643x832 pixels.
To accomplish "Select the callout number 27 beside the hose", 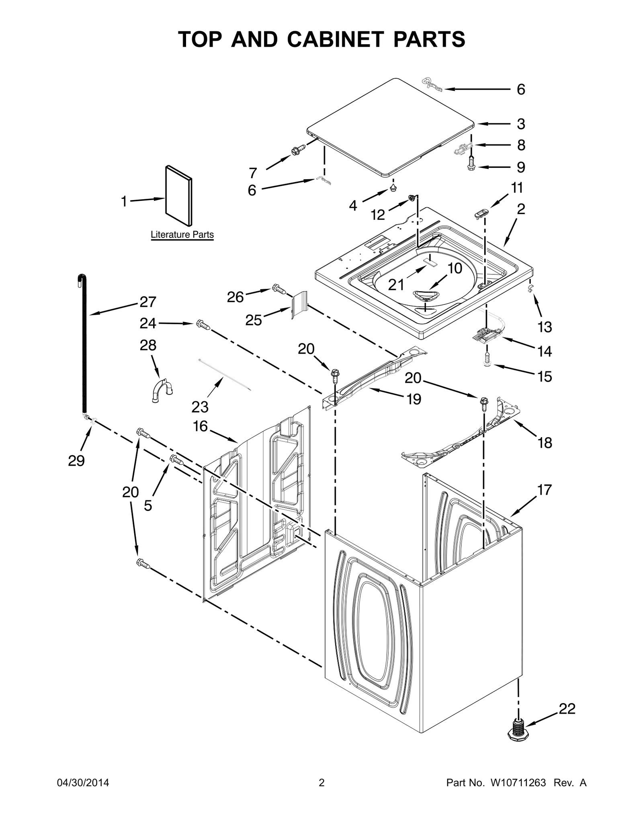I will (x=147, y=302).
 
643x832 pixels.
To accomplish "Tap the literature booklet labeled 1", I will (x=178, y=196).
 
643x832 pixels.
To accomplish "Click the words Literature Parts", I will (x=182, y=235).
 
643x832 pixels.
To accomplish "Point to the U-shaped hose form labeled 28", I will (x=163, y=389).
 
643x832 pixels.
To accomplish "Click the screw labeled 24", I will (x=203, y=325).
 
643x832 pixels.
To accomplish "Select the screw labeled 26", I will (x=279, y=288).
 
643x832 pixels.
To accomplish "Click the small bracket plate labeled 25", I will (x=299, y=305).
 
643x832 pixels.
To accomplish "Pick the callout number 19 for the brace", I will (x=414, y=399).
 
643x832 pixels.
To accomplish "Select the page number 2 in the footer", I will (x=321, y=783).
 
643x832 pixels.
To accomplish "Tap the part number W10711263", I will (x=518, y=783).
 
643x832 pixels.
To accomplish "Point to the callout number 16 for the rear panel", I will (x=200, y=426).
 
